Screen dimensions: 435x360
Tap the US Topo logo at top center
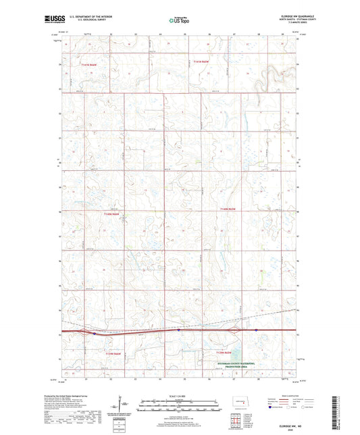click(x=179, y=21)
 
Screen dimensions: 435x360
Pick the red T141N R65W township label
click(x=203, y=61)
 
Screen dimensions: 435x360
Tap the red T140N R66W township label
click(x=113, y=214)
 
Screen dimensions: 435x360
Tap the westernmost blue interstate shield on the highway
click(x=95, y=333)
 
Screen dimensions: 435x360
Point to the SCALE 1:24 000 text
click(x=179, y=395)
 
